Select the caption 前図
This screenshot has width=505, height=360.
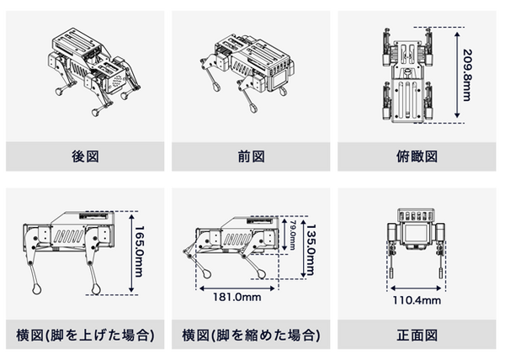tap(252, 156)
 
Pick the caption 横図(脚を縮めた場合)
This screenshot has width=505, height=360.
tap(252, 334)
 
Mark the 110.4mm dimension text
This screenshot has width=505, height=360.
tap(417, 300)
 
